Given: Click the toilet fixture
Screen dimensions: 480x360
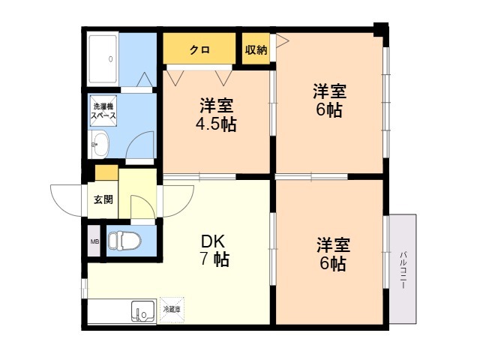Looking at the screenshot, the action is (125, 241).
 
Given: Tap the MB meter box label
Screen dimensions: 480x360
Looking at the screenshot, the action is (94, 241).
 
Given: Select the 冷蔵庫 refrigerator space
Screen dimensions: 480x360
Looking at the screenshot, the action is (172, 310).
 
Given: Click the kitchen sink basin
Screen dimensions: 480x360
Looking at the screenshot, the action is (143, 311).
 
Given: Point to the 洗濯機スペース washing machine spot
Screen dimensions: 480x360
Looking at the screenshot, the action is (103, 111).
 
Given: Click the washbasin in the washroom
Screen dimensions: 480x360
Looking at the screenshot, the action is (100, 145).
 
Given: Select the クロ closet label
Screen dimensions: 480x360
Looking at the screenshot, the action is (200, 49).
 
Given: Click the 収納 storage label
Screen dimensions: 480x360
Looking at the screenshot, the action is (256, 49).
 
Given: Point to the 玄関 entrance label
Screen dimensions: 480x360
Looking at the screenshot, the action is (103, 199).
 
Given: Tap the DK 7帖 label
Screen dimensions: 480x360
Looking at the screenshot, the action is (214, 250).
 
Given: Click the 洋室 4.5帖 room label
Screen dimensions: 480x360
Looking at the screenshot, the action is (216, 115).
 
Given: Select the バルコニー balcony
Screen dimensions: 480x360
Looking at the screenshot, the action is (403, 268).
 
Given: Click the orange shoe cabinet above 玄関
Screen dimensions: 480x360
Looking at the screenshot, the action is (106, 173).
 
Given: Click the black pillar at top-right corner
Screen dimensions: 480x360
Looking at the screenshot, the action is (381, 29).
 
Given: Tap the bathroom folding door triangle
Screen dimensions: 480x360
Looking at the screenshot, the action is (145, 79).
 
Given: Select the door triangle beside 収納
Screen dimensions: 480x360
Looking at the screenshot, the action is (282, 40).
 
